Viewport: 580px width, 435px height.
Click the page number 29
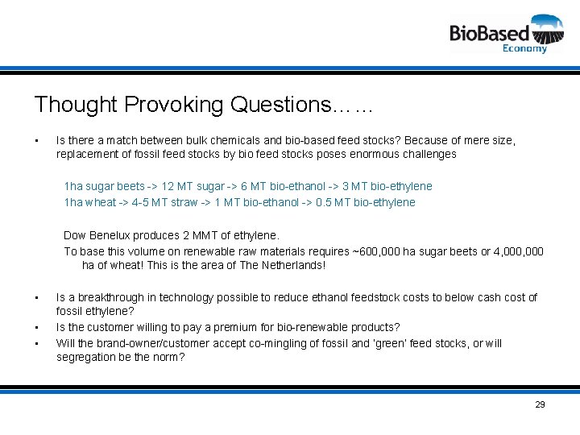click(540, 404)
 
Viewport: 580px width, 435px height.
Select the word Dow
click(75, 235)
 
